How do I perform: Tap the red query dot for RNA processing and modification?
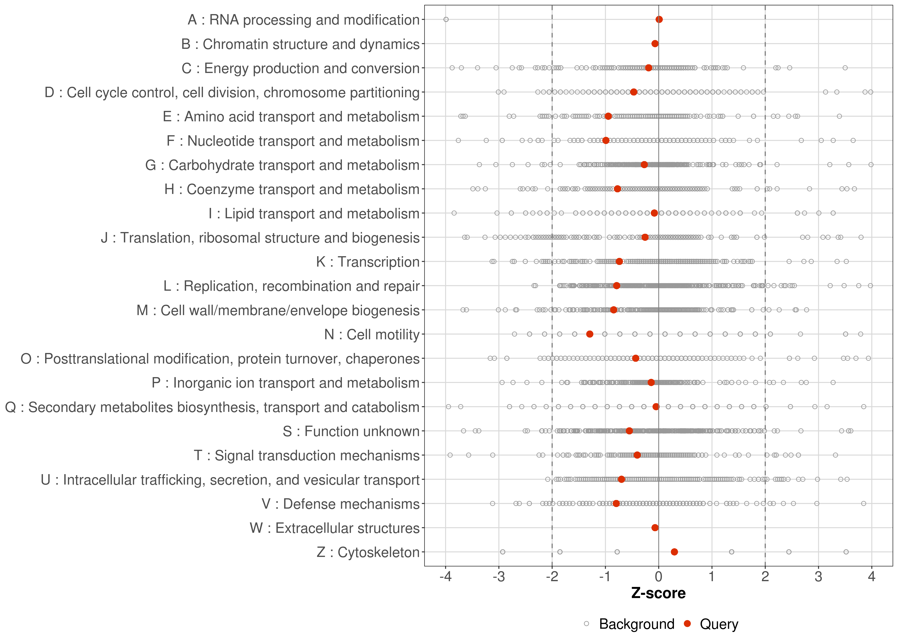point(659,19)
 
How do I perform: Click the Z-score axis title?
point(658,593)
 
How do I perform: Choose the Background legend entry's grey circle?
point(586,624)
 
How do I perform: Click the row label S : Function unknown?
point(351,431)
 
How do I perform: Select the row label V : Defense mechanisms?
point(340,504)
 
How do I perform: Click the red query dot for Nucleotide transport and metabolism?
point(606,141)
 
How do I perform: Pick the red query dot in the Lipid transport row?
point(654,213)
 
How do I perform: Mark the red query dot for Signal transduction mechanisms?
point(637,455)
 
